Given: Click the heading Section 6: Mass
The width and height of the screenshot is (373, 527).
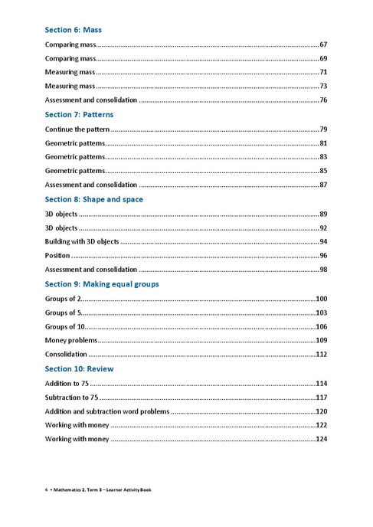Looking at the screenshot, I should (74, 30).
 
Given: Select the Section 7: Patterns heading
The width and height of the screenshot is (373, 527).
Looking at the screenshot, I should (79, 114).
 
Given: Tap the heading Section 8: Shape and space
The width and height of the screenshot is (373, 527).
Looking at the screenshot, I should (93, 199).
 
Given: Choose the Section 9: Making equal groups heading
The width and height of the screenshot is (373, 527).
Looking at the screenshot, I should (102, 284).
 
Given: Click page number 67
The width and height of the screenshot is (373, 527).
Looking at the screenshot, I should (323, 44).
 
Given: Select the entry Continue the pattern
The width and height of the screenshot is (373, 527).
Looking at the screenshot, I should (77, 129).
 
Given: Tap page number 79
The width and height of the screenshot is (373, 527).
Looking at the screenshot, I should (323, 129).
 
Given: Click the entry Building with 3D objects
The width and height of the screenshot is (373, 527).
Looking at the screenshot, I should (82, 241).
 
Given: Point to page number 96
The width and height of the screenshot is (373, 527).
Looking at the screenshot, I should (323, 255).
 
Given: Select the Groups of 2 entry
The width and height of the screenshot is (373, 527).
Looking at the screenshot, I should (62, 298).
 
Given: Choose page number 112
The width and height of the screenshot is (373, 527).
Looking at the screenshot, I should (322, 354).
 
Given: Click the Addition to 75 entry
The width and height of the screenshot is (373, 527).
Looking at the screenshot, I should (67, 383).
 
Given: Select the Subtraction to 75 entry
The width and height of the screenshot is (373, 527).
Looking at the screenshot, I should (72, 397).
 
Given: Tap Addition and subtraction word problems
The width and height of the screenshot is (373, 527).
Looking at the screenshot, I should (106, 411).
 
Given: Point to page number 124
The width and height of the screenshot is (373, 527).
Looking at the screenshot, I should (322, 439).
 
